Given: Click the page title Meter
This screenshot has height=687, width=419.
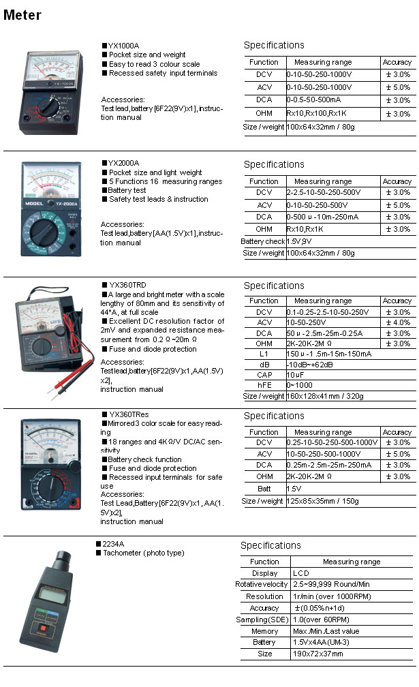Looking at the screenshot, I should [22, 15].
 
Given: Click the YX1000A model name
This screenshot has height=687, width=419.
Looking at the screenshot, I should [123, 46].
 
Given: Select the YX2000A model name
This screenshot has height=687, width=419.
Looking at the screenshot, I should [123, 164].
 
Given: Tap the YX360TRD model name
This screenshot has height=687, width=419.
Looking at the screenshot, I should [127, 285].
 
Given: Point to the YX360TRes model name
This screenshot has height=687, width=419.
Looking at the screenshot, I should [129, 414].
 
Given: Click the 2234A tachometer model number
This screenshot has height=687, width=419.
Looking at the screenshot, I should [113, 544].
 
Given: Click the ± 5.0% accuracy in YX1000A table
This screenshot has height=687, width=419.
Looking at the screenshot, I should [398, 87].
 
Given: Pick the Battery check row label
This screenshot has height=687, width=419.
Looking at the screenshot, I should [262, 242].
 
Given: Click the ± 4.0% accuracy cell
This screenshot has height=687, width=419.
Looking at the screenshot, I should [398, 322].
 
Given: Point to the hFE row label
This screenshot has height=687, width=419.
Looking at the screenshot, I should [264, 386].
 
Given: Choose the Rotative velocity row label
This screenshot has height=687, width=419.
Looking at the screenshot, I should [262, 585].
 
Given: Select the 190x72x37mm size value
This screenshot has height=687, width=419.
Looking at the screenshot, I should [318, 654].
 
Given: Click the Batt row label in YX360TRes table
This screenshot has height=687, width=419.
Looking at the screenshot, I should [264, 489].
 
